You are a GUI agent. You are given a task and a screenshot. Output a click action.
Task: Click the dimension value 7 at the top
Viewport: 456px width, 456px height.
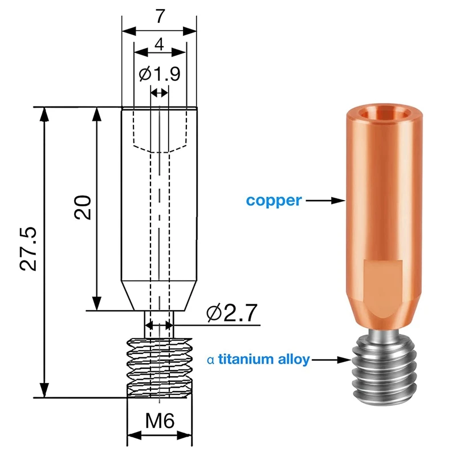[x=160, y=17]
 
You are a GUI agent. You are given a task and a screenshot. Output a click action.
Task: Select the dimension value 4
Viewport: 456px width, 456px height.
[x=160, y=44]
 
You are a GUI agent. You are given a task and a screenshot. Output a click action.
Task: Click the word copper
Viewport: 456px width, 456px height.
[x=273, y=201]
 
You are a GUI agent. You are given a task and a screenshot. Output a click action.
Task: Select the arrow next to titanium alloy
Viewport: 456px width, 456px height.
[x=331, y=360]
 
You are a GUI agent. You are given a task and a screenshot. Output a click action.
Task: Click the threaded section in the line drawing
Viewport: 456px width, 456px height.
[x=159, y=368]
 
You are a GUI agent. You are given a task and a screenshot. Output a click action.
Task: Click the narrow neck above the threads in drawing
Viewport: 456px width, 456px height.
[x=159, y=325]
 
